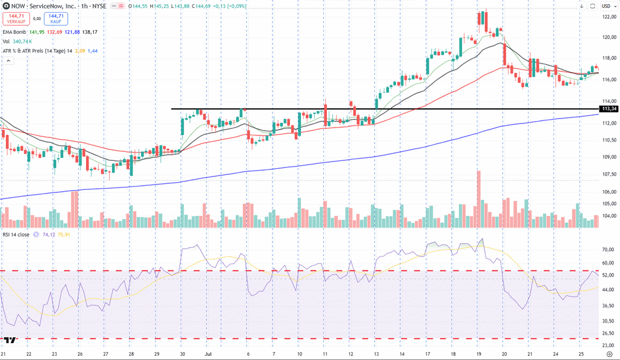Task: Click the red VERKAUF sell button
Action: click(x=16, y=19)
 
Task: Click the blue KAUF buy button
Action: click(x=56, y=19)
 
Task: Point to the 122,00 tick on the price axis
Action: click(x=609, y=17)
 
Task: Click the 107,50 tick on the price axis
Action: click(x=609, y=174)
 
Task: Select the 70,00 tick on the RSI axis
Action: click(x=609, y=250)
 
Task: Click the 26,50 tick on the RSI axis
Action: click(x=609, y=333)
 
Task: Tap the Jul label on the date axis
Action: click(x=208, y=354)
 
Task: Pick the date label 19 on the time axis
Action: click(x=478, y=354)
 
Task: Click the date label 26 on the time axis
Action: click(x=80, y=354)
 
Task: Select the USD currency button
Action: click(x=605, y=6)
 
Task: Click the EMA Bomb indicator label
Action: click(x=15, y=32)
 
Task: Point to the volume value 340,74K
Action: click(x=22, y=42)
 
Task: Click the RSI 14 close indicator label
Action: click(x=16, y=235)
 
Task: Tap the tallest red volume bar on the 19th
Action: click(x=479, y=199)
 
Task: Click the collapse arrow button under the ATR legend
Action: click(x=8, y=61)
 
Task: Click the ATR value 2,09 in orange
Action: click(x=80, y=51)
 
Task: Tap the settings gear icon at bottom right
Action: click(x=610, y=354)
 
